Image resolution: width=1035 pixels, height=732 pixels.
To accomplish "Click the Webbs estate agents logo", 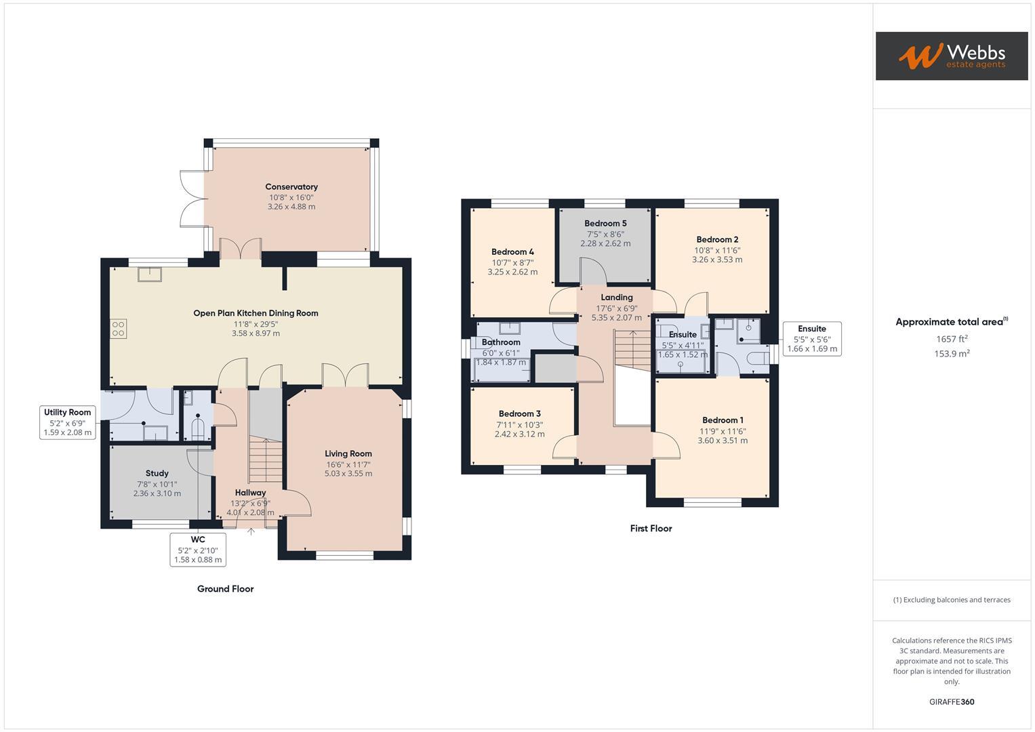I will coord(951,56).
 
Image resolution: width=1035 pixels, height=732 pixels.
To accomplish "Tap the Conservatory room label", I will coord(291,187).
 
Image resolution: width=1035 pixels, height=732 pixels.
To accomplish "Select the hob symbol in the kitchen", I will coord(118,329).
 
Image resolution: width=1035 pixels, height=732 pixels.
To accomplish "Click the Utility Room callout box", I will coord(68,422).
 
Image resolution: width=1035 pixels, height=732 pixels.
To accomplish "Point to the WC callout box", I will coord(197,549).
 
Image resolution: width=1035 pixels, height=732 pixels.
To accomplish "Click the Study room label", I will coord(157,473).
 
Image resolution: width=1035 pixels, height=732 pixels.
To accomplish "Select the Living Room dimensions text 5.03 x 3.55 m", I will coord(348,474).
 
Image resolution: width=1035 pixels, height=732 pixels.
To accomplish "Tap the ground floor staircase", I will coord(265,461).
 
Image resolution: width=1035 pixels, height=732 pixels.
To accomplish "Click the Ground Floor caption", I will coord(225,589).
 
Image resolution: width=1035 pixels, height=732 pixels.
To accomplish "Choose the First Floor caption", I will coord(651,529).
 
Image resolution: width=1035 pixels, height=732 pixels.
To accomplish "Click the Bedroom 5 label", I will coord(605,224).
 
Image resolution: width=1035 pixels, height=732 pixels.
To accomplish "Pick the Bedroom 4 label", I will coord(512,252).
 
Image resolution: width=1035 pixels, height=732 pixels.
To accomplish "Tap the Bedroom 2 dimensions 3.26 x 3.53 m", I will coord(717,260).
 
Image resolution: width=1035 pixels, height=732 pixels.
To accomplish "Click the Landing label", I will coord(616,298).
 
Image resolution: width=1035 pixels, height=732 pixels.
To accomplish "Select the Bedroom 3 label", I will coord(519,414).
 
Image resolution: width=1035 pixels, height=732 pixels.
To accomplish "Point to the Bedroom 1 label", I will coord(723,420).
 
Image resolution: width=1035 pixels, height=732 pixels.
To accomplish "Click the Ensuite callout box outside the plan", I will coord(811,339).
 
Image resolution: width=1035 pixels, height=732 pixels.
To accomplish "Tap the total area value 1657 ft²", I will coord(952,339).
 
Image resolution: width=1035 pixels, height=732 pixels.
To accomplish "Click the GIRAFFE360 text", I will coord(952,702).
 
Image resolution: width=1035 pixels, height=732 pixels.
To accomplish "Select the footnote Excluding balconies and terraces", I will coord(952,600).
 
